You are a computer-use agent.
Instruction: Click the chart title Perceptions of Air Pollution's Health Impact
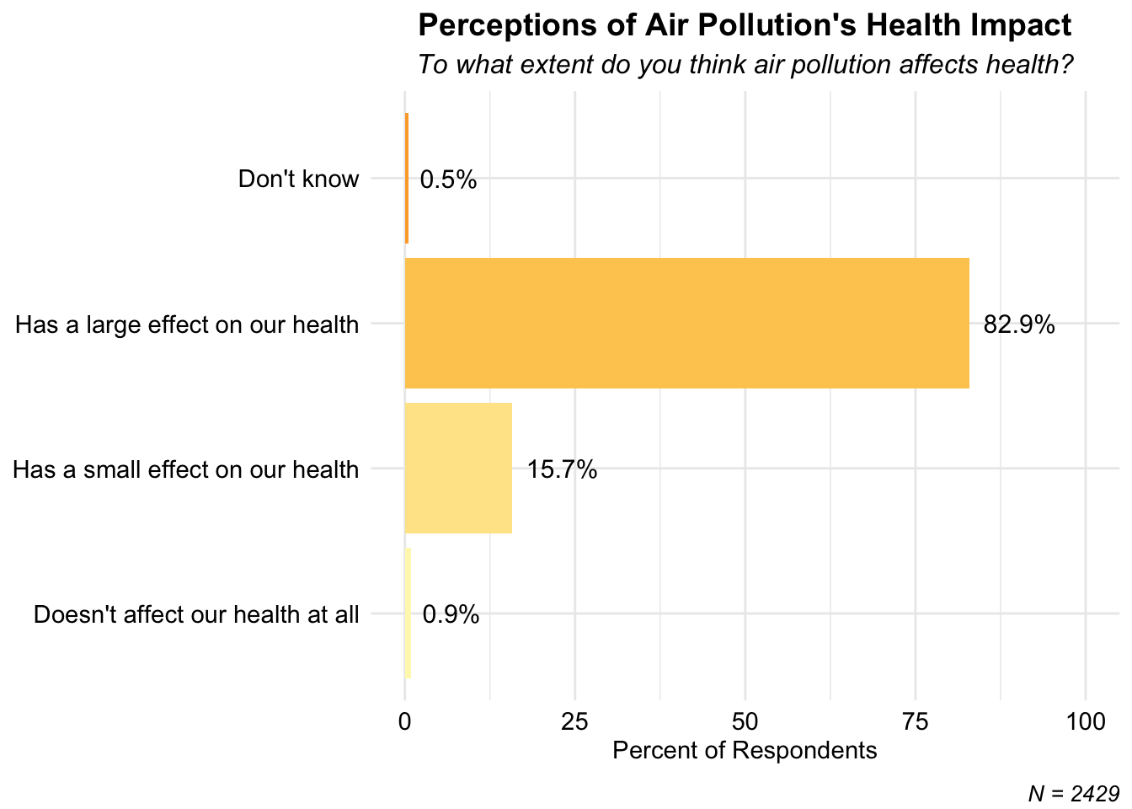[x=745, y=25]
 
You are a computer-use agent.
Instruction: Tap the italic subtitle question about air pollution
[x=745, y=65]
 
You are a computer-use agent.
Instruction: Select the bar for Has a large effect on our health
[x=687, y=323]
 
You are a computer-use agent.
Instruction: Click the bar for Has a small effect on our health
[x=458, y=469]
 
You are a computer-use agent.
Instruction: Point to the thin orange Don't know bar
[x=407, y=178]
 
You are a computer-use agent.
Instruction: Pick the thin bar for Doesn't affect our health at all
[x=408, y=613]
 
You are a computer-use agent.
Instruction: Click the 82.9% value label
[x=1019, y=324]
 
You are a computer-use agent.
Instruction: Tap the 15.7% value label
[x=562, y=469]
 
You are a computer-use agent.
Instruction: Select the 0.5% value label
[x=448, y=179]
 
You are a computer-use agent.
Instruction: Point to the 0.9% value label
[x=451, y=615]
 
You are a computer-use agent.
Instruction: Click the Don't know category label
[x=298, y=179]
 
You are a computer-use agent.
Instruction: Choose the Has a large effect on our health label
[x=187, y=324]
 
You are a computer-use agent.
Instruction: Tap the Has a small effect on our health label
[x=185, y=469]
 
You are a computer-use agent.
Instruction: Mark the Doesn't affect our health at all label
[x=196, y=614]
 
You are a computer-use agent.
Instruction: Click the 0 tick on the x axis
[x=405, y=721]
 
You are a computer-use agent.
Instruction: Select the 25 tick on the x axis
[x=575, y=721]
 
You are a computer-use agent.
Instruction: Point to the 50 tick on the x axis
[x=745, y=721]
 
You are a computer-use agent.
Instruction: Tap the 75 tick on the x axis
[x=916, y=721]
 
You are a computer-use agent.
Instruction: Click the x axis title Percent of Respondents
[x=745, y=750]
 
